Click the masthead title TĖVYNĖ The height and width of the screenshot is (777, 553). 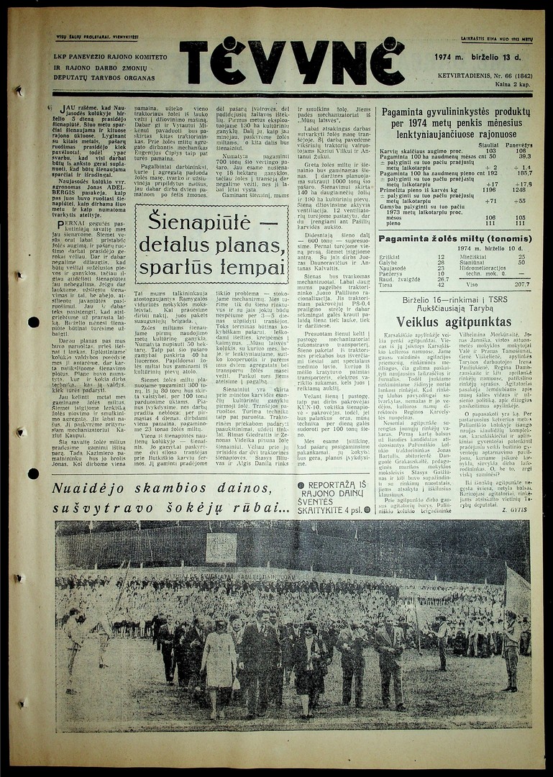[x=291, y=62]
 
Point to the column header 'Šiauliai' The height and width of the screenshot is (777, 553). [x=488, y=145]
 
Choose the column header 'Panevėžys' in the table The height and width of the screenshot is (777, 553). [x=519, y=145]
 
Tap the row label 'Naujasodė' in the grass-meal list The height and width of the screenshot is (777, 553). [x=393, y=268]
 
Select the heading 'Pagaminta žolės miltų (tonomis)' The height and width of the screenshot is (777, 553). [x=457, y=239]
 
